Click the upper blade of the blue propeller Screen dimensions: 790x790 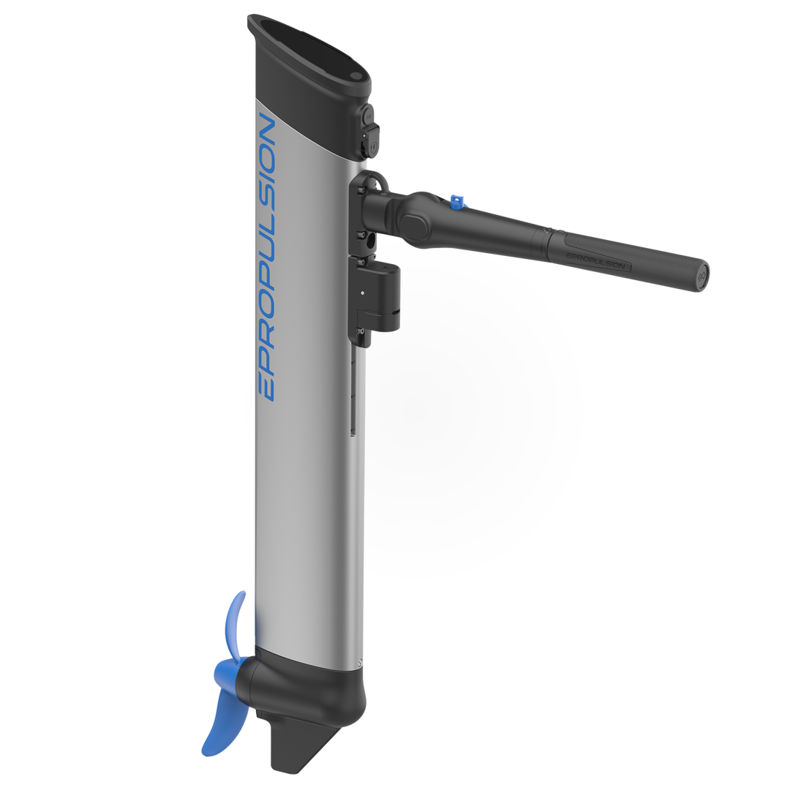point(236,625)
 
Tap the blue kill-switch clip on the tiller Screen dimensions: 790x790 point(457,202)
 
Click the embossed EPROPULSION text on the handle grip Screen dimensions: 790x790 point(595,261)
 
